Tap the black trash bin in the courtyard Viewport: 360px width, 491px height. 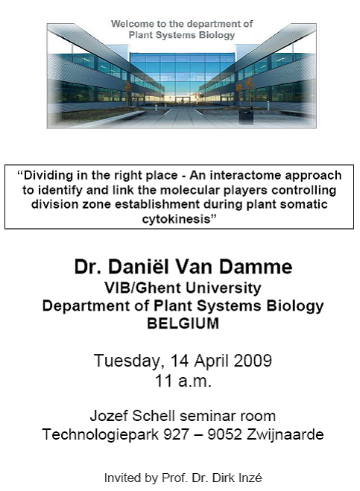point(246,115)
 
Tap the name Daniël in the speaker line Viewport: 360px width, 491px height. point(137,267)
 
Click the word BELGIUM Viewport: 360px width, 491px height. point(183,323)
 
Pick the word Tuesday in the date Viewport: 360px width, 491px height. point(129,361)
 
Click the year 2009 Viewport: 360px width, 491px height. point(253,361)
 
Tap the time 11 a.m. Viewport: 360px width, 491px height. point(183,381)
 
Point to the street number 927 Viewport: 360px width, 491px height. point(177,434)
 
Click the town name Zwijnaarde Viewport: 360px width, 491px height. point(285,434)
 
